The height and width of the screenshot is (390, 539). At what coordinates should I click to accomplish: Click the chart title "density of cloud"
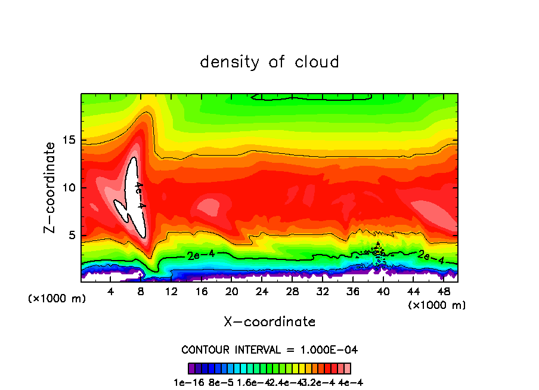point(269,62)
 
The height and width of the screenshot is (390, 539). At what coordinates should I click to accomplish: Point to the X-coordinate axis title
point(269,322)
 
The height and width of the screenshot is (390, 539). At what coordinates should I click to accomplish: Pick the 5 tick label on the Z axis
point(72,236)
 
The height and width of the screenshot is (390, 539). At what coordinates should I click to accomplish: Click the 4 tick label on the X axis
point(111,292)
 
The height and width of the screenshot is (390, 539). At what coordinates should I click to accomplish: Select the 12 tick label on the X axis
point(171,292)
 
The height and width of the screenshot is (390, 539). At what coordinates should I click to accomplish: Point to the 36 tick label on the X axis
point(352,292)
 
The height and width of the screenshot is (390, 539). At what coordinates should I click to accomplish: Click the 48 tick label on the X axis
point(443,292)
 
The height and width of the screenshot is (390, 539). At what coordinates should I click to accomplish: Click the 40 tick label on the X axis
point(383,292)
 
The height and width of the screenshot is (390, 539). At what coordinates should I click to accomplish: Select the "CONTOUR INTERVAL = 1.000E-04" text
point(269,349)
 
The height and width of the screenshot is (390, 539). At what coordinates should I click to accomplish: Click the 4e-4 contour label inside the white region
point(139,195)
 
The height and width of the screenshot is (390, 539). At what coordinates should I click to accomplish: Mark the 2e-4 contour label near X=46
point(430,256)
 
